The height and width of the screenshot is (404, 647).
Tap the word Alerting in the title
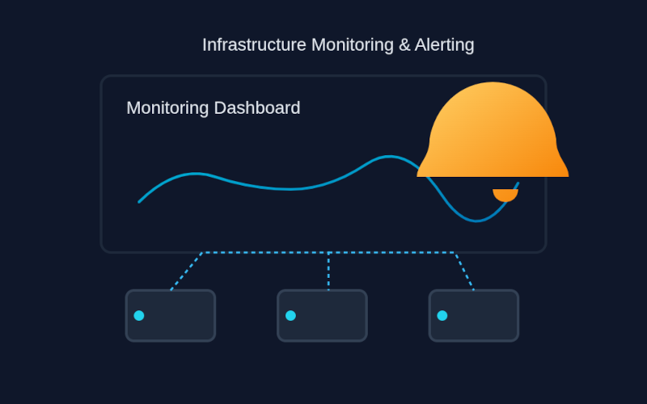[445, 45]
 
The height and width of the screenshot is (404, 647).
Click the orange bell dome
[493, 133]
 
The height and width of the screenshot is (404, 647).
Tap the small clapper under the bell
[505, 195]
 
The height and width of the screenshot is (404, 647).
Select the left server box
[171, 316]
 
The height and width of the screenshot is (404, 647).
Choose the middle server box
[322, 316]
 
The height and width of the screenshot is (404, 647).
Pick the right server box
[474, 316]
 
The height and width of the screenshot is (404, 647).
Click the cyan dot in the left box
[139, 316]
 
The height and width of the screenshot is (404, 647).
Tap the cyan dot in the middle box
[290, 316]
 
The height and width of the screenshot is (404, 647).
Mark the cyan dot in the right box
[442, 316]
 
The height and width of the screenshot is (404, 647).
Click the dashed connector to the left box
[187, 271]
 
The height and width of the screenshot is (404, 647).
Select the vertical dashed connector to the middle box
[328, 271]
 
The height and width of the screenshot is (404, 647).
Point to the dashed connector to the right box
[464, 271]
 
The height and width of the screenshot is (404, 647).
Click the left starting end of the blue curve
[140, 201]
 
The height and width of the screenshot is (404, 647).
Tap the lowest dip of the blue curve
[478, 221]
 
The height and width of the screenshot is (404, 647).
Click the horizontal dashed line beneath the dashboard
[267, 253]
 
